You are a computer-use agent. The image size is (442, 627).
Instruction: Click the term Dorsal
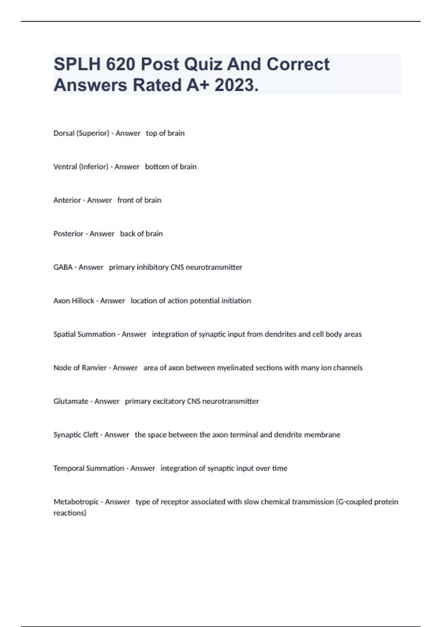tap(64, 133)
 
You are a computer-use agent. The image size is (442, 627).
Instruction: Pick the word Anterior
tap(67, 200)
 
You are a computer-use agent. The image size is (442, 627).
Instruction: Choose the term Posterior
tap(69, 234)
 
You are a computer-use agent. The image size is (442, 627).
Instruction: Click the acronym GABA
tap(63, 267)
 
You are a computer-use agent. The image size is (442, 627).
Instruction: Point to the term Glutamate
tap(71, 401)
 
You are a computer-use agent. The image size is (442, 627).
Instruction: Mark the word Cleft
tap(91, 435)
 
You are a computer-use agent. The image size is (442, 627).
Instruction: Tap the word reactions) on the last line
tap(70, 513)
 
